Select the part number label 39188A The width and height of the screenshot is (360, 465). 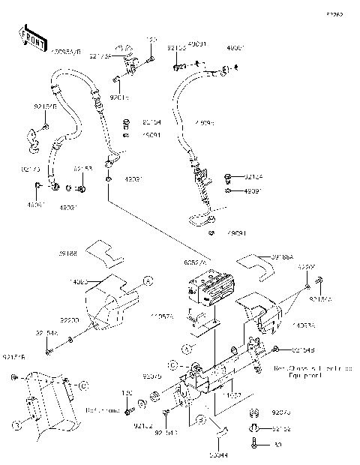283,255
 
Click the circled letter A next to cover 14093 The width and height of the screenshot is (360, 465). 148,280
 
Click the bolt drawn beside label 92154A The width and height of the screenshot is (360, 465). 49,350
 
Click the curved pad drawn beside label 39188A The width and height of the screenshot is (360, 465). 255,262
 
